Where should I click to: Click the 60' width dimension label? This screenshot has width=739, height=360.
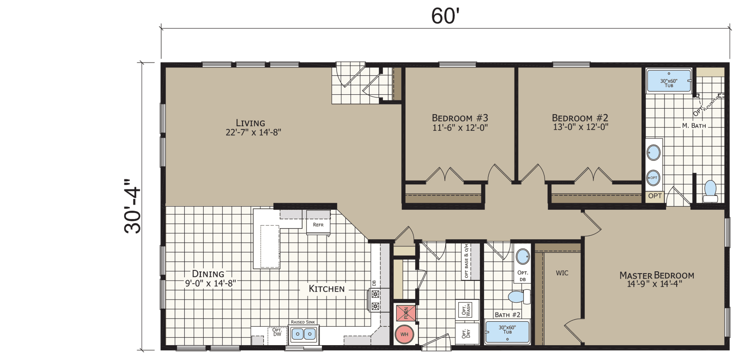click(x=444, y=15)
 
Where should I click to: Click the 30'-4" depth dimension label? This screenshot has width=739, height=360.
click(x=133, y=207)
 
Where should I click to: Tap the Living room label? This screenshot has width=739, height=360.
click(x=250, y=123)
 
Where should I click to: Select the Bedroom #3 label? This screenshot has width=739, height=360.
click(x=460, y=118)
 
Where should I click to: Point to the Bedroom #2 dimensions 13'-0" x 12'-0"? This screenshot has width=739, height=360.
click(x=580, y=127)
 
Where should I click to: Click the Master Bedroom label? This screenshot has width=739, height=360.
click(x=656, y=275)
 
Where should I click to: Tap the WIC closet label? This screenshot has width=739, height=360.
click(x=562, y=273)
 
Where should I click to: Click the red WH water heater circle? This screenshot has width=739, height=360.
click(x=404, y=334)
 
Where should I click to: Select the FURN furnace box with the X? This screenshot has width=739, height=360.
click(x=405, y=313)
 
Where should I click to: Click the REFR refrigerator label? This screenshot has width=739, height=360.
click(x=318, y=225)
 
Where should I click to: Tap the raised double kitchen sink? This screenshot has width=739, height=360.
click(x=303, y=334)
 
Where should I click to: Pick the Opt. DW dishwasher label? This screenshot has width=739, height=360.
click(x=277, y=332)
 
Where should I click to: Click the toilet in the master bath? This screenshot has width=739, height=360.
click(x=710, y=191)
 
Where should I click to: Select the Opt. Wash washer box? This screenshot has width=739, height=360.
click(x=466, y=309)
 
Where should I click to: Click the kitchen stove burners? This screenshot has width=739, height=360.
click(x=375, y=299)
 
